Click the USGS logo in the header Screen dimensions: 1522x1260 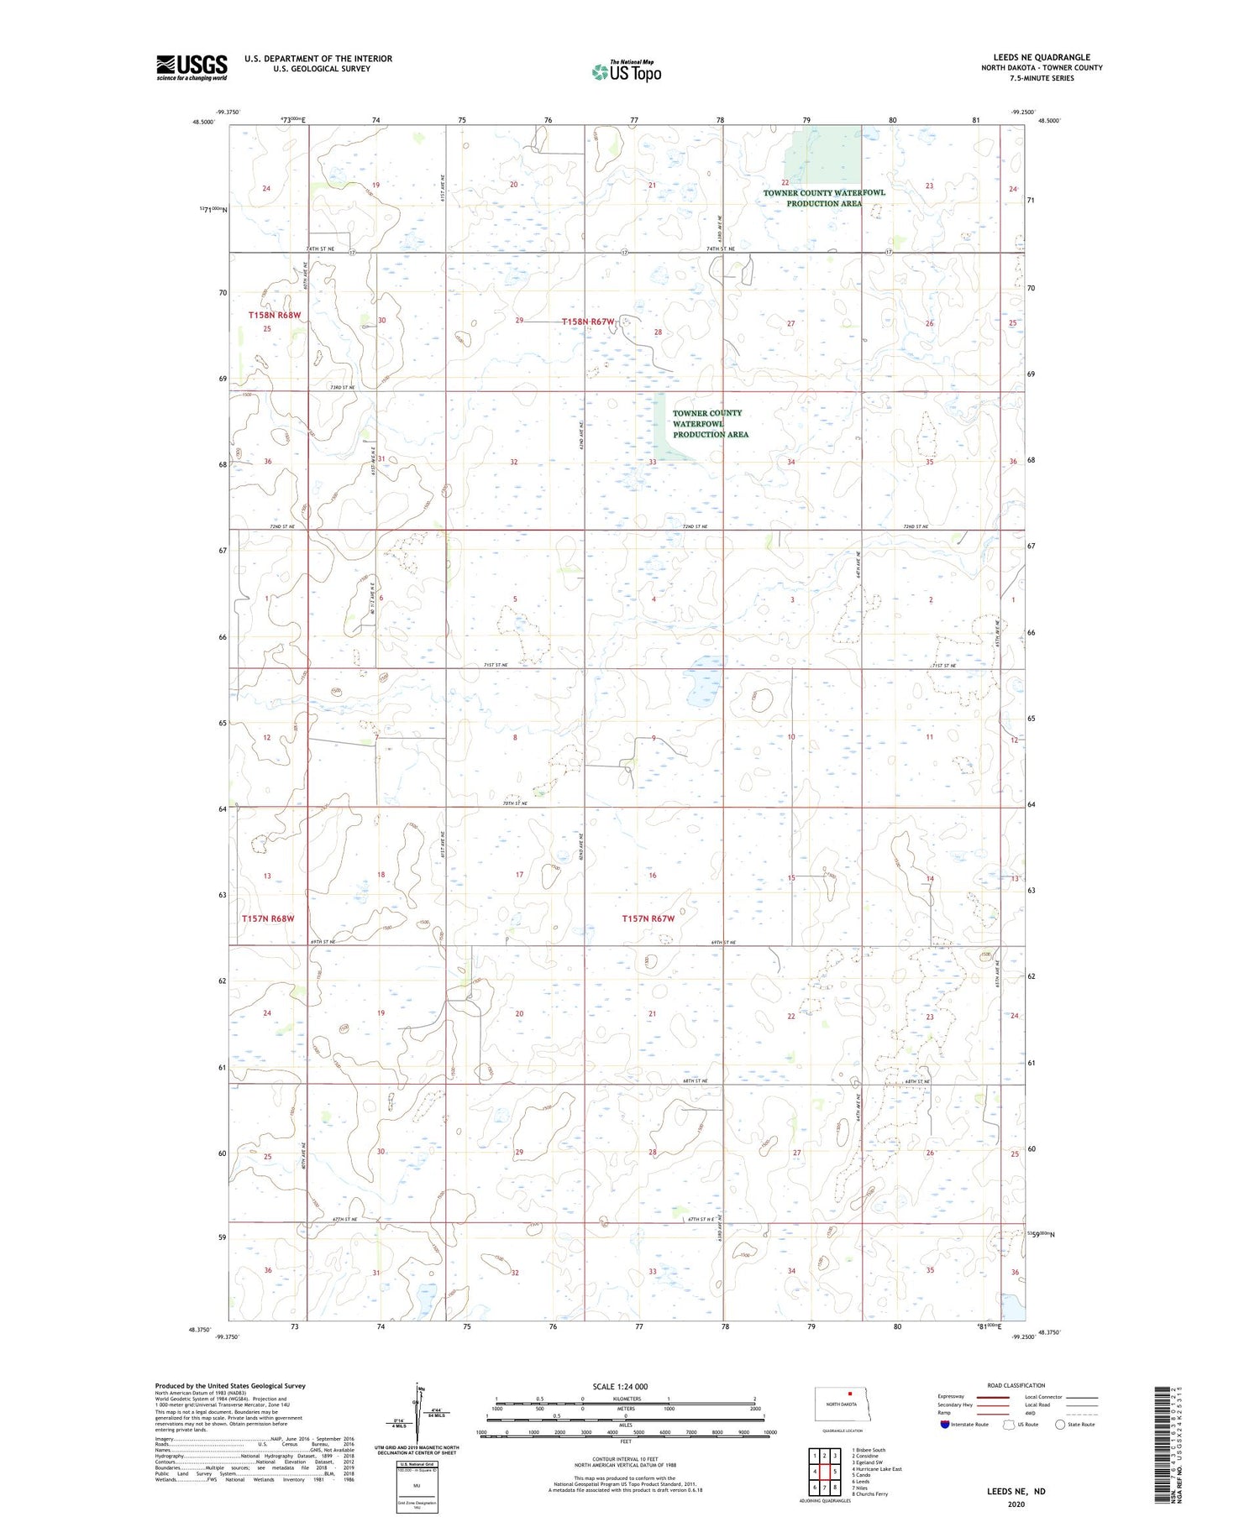(192, 67)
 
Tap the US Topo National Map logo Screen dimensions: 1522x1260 (626, 71)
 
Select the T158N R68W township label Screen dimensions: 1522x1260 (274, 315)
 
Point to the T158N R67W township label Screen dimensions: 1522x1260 (588, 322)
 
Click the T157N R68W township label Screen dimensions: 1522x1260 (268, 918)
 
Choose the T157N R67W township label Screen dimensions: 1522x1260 (648, 918)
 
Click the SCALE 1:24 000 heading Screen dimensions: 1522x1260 (620, 1386)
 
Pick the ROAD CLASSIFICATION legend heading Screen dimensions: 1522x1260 (1016, 1385)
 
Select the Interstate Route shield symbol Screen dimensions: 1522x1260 (946, 1424)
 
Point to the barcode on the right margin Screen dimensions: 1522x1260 (1162, 1444)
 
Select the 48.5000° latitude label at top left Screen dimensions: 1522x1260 (203, 121)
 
